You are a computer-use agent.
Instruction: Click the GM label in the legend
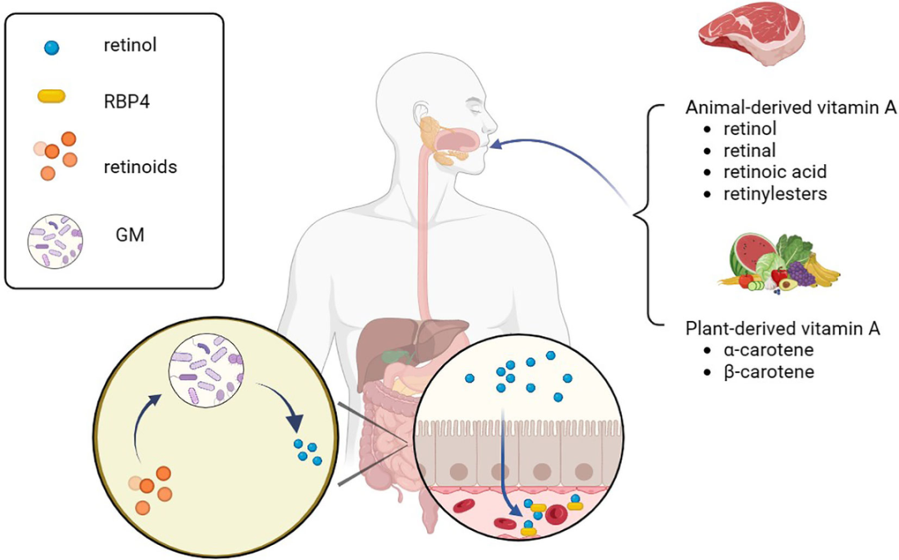(x=130, y=236)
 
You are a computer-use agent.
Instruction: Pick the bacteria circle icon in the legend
(x=54, y=240)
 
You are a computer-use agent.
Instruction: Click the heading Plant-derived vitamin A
(x=782, y=329)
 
